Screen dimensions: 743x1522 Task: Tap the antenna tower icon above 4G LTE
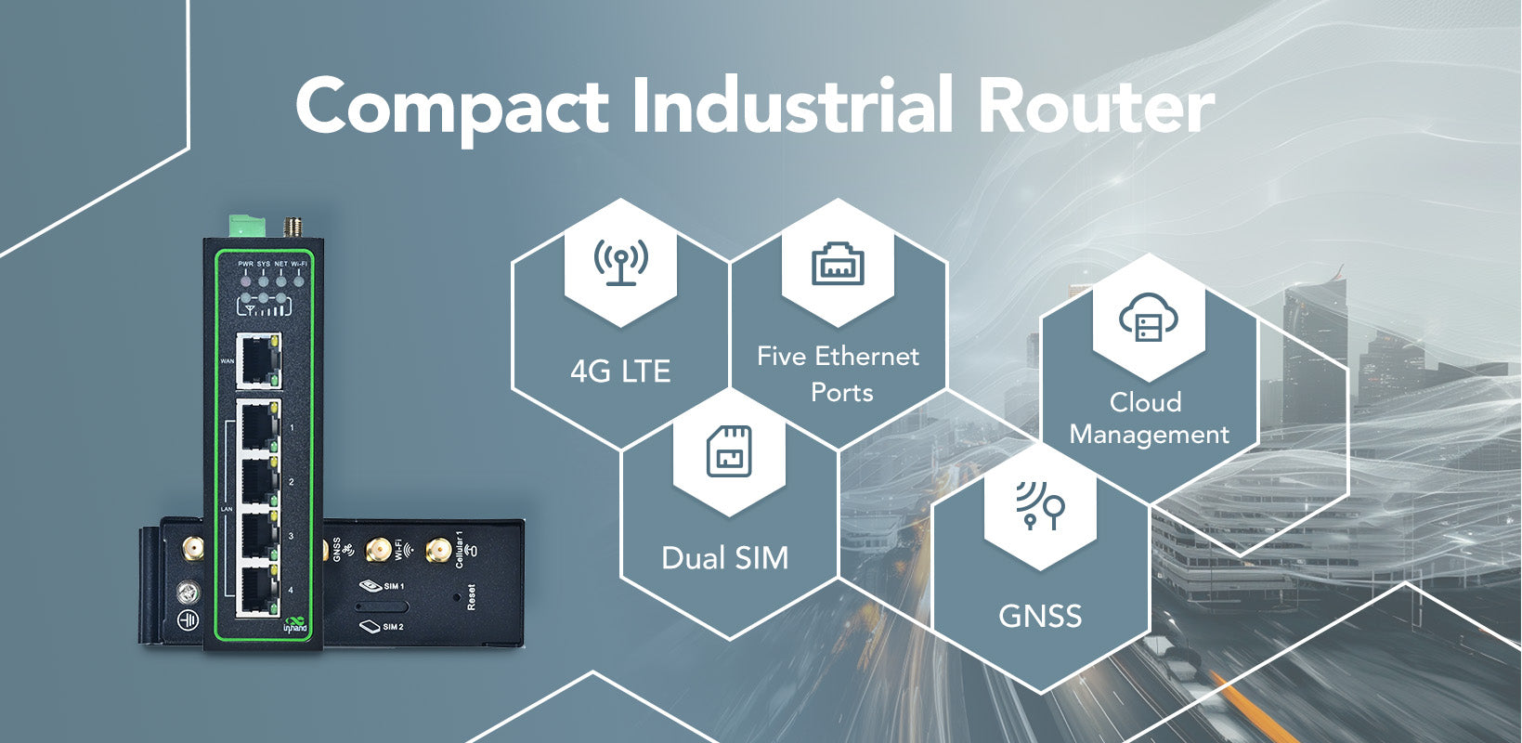(x=620, y=261)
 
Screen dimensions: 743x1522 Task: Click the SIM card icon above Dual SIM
(x=729, y=451)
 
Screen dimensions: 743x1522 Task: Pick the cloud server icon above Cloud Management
(x=1149, y=318)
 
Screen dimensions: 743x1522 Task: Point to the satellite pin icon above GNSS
(x=1040, y=505)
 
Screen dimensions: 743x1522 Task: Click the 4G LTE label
(x=620, y=371)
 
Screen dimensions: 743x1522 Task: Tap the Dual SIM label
(x=724, y=558)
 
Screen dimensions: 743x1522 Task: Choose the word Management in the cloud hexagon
(x=1149, y=435)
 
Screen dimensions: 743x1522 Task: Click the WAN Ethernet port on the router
(x=258, y=361)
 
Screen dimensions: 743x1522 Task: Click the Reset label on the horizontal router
(x=472, y=596)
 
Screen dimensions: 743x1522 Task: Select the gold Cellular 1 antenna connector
(x=436, y=552)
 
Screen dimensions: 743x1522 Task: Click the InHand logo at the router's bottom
(x=294, y=624)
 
